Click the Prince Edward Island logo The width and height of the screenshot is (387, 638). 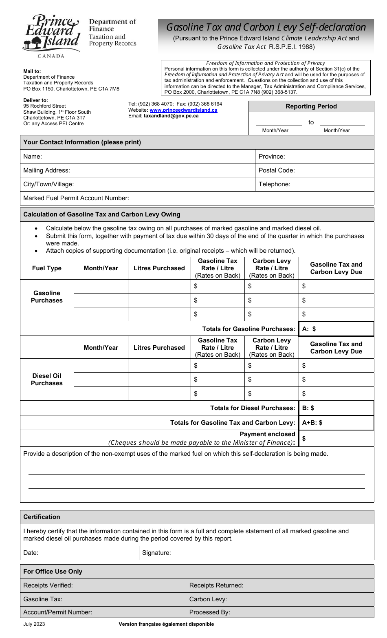[52, 36]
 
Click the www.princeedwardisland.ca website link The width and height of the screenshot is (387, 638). [183, 110]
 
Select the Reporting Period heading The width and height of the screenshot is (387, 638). [311, 106]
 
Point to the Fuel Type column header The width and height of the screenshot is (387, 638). [47, 268]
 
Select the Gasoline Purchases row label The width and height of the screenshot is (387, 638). [47, 297]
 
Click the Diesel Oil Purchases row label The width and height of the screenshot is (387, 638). [47, 380]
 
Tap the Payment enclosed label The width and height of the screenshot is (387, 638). [267, 434]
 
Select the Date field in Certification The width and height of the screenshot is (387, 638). [79, 553]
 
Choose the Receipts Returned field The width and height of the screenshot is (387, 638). [279, 585]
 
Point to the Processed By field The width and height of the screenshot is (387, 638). [279, 612]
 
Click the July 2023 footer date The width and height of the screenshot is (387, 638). [34, 624]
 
